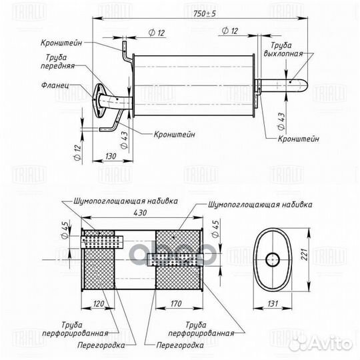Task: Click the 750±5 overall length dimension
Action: point(205,14)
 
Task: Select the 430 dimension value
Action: point(140,213)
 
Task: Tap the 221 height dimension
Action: point(305,255)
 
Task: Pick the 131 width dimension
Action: point(273,303)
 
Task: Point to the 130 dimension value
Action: point(111,157)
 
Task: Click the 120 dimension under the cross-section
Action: point(99,303)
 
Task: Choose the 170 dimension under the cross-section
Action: point(176,303)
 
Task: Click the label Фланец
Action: point(55,85)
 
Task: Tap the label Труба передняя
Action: point(57,61)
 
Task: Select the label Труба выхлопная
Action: point(283,49)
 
